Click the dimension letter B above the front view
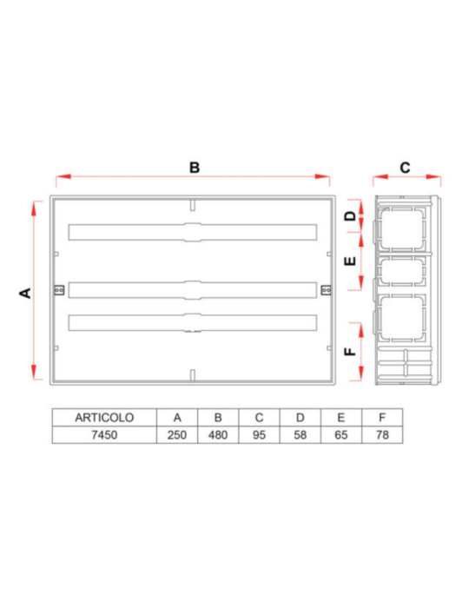(195, 168)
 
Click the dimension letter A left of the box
(26, 293)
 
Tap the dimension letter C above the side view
(406, 168)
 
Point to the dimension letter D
(351, 215)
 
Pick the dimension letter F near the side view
(351, 352)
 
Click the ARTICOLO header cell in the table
(103, 418)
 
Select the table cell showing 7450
(103, 434)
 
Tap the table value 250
(176, 434)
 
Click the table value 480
(218, 434)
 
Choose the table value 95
(259, 434)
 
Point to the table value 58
(301, 434)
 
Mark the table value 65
(341, 434)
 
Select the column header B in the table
(218, 418)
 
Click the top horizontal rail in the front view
(192, 233)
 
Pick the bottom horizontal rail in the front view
(192, 321)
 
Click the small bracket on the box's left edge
(59, 289)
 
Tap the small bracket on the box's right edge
(325, 289)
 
